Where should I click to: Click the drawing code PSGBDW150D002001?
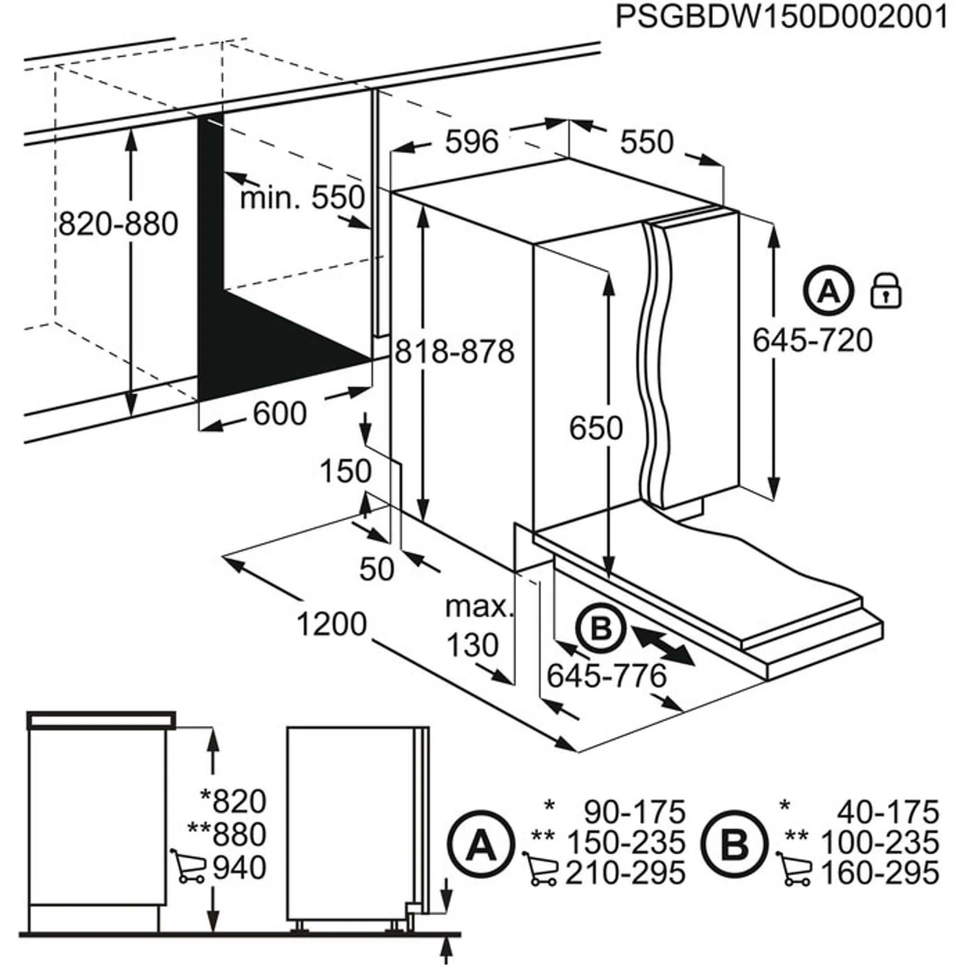click(781, 18)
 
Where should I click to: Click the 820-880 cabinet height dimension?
click(119, 224)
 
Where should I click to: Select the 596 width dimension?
click(472, 142)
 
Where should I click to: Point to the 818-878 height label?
click(455, 352)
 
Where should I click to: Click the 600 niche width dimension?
click(279, 414)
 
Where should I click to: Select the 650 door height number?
click(596, 428)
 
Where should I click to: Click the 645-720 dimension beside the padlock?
click(812, 340)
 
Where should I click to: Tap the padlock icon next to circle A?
click(886, 291)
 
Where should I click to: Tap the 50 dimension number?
click(377, 569)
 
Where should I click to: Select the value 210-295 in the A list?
click(626, 873)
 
